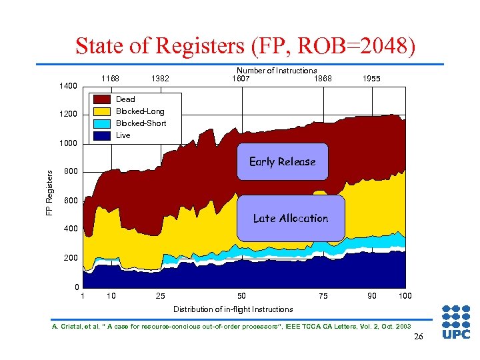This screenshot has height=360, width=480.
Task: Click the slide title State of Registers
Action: click(x=245, y=47)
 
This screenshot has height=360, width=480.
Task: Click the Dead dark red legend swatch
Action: click(x=102, y=99)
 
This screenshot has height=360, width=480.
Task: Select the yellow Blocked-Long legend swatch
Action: click(x=102, y=111)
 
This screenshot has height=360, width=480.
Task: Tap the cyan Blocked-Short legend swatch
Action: click(x=102, y=123)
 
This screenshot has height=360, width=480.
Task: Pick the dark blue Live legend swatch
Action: click(x=102, y=135)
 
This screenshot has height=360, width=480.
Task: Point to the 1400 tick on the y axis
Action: click(x=68, y=86)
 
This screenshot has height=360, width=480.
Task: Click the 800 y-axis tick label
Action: click(x=71, y=172)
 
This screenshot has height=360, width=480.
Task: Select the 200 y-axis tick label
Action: click(x=71, y=258)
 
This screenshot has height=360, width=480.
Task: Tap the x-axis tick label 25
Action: click(x=160, y=296)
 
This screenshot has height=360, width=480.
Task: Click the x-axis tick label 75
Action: click(x=323, y=296)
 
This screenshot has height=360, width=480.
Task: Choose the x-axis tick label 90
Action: click(x=371, y=296)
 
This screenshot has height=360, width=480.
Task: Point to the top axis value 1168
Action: click(x=110, y=79)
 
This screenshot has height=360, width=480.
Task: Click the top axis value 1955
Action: click(x=371, y=79)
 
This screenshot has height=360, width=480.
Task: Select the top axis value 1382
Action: click(x=160, y=79)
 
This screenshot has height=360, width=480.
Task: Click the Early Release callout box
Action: click(x=282, y=162)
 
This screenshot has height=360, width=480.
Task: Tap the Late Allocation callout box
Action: click(x=291, y=218)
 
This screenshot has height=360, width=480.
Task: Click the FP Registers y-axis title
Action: click(x=49, y=191)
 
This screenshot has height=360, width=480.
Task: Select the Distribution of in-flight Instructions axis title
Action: click(x=233, y=309)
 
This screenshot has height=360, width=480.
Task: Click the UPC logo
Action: click(x=456, y=322)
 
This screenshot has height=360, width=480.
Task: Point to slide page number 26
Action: click(x=418, y=336)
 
